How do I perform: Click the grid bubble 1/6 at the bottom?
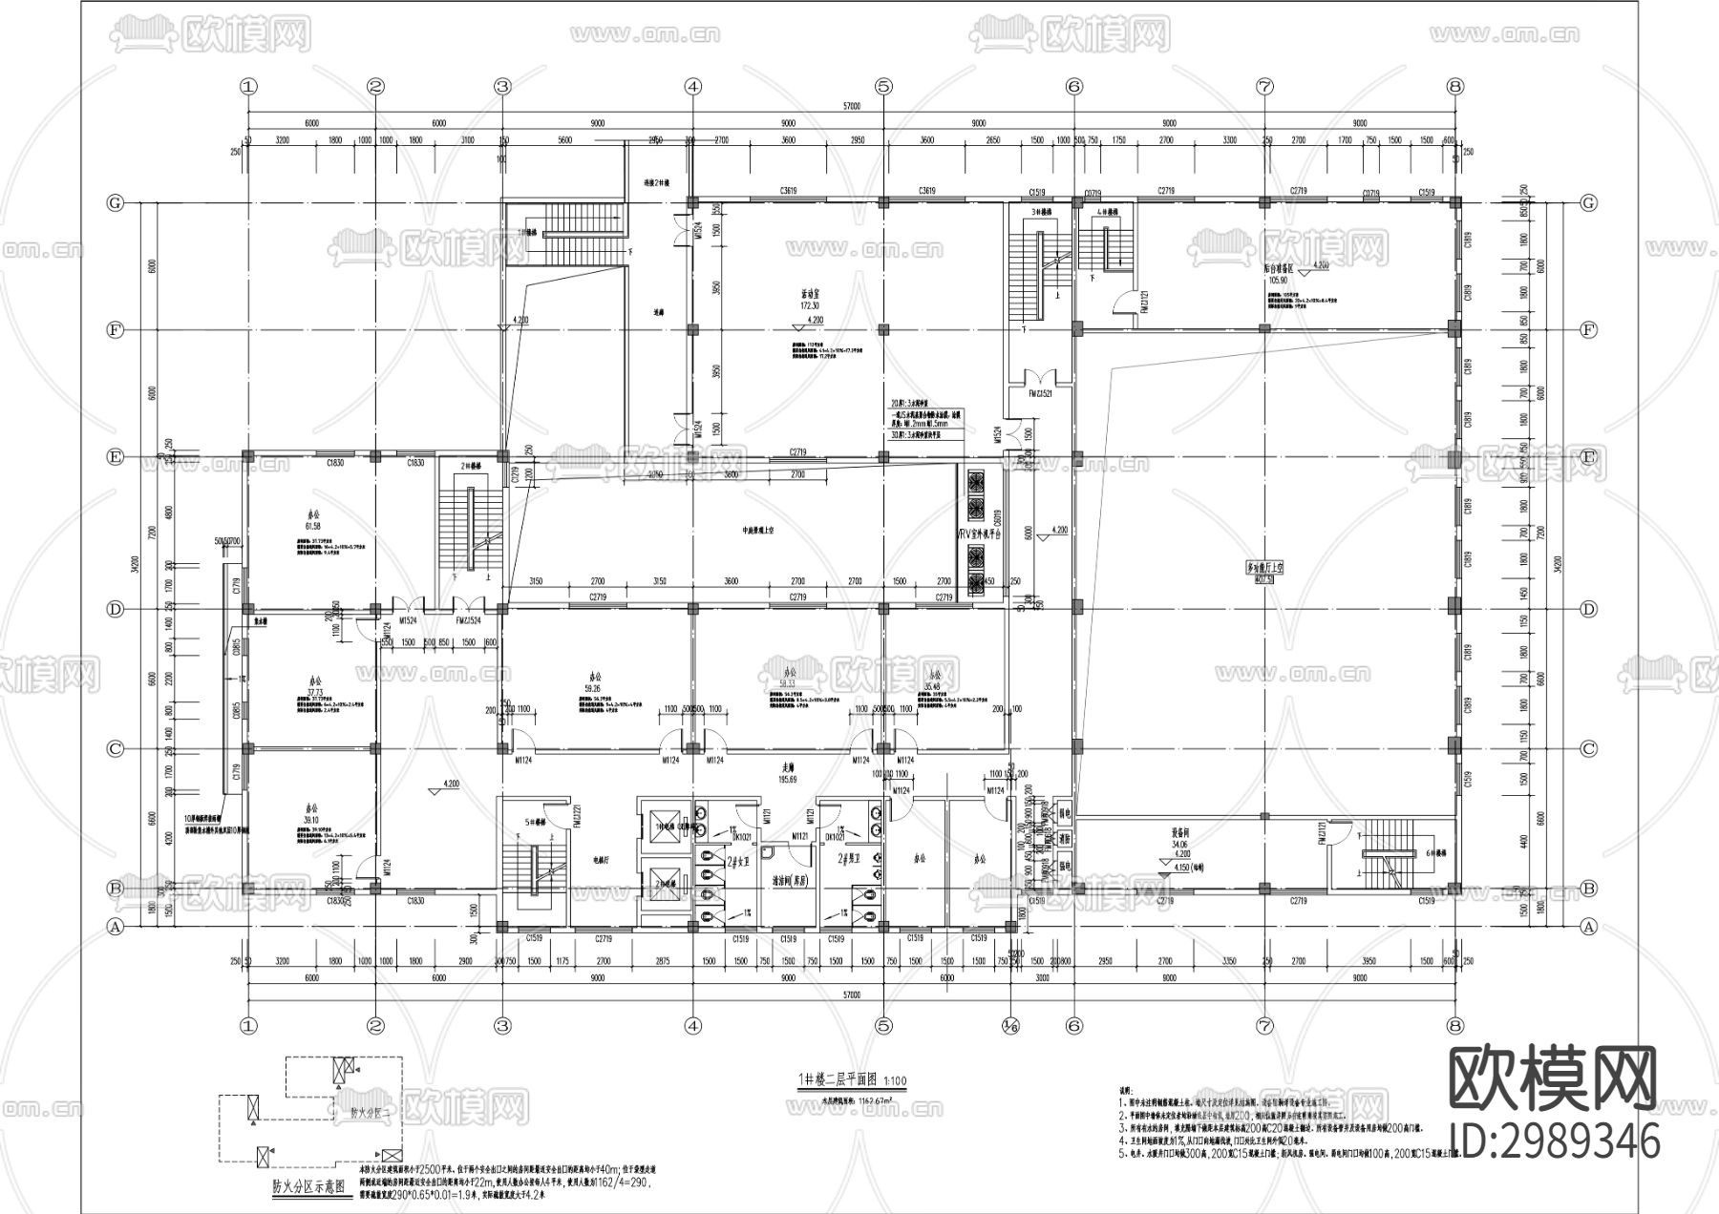pos(1010,1026)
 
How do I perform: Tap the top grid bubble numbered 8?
pos(1454,86)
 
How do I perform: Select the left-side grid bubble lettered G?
pos(116,203)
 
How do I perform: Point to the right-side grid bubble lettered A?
pos(1589,926)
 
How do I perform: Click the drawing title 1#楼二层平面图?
pos(843,1080)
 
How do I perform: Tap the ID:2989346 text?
pos(1555,1141)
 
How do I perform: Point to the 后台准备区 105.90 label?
pos(1278,275)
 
